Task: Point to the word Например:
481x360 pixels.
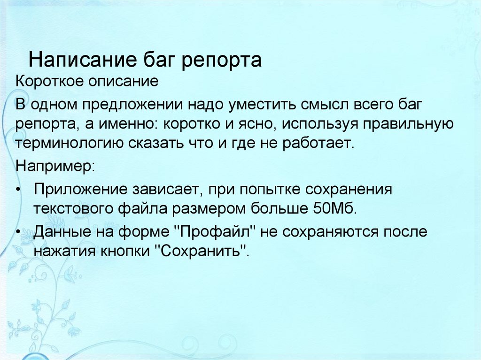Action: pyautogui.click(x=54, y=165)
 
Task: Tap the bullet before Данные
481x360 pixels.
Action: pyautogui.click(x=19, y=232)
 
